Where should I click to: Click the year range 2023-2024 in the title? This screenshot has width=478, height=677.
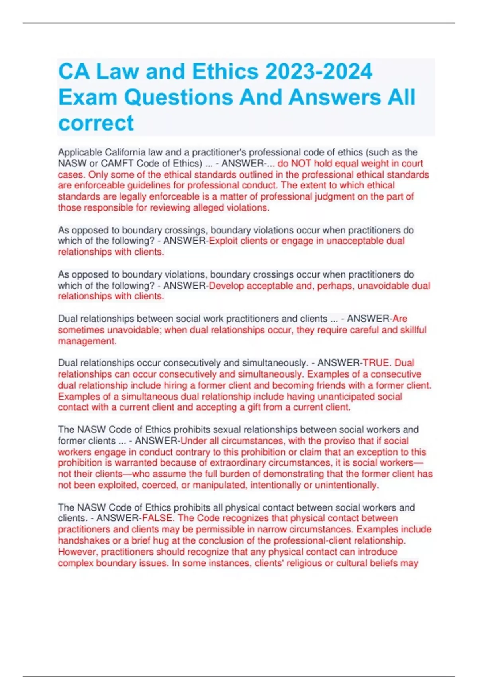(x=319, y=72)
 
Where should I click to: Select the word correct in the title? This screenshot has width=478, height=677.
(x=96, y=123)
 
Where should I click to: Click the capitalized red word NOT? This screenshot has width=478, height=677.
(x=301, y=163)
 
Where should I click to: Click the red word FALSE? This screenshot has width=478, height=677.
(x=157, y=518)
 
